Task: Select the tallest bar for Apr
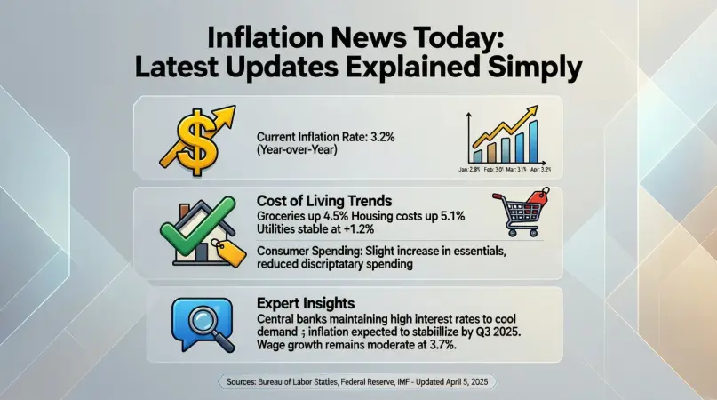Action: point(534,142)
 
